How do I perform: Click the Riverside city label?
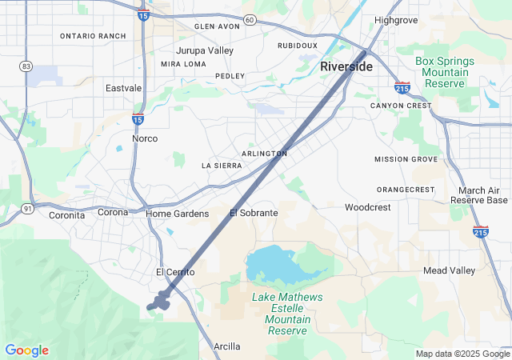[x=346, y=66]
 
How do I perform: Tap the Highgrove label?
[x=397, y=19]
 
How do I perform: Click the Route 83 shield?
[x=26, y=66]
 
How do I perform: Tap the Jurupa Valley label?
[x=205, y=50]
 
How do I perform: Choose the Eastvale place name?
[x=123, y=88]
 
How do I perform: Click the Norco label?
[x=145, y=138]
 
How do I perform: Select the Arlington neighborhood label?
[x=264, y=154]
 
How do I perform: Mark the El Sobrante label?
[x=254, y=213]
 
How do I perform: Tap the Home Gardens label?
[x=177, y=214]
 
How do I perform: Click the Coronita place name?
[x=67, y=215]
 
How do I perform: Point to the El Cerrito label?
[x=175, y=273]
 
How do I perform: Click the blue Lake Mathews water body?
[x=272, y=264]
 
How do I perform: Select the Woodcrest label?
[x=368, y=207]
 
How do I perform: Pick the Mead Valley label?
[x=449, y=270]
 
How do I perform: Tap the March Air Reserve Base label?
[x=478, y=195]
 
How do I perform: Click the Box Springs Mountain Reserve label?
[x=445, y=72]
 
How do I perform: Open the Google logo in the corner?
[x=26, y=350]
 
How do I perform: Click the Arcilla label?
[x=226, y=346]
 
